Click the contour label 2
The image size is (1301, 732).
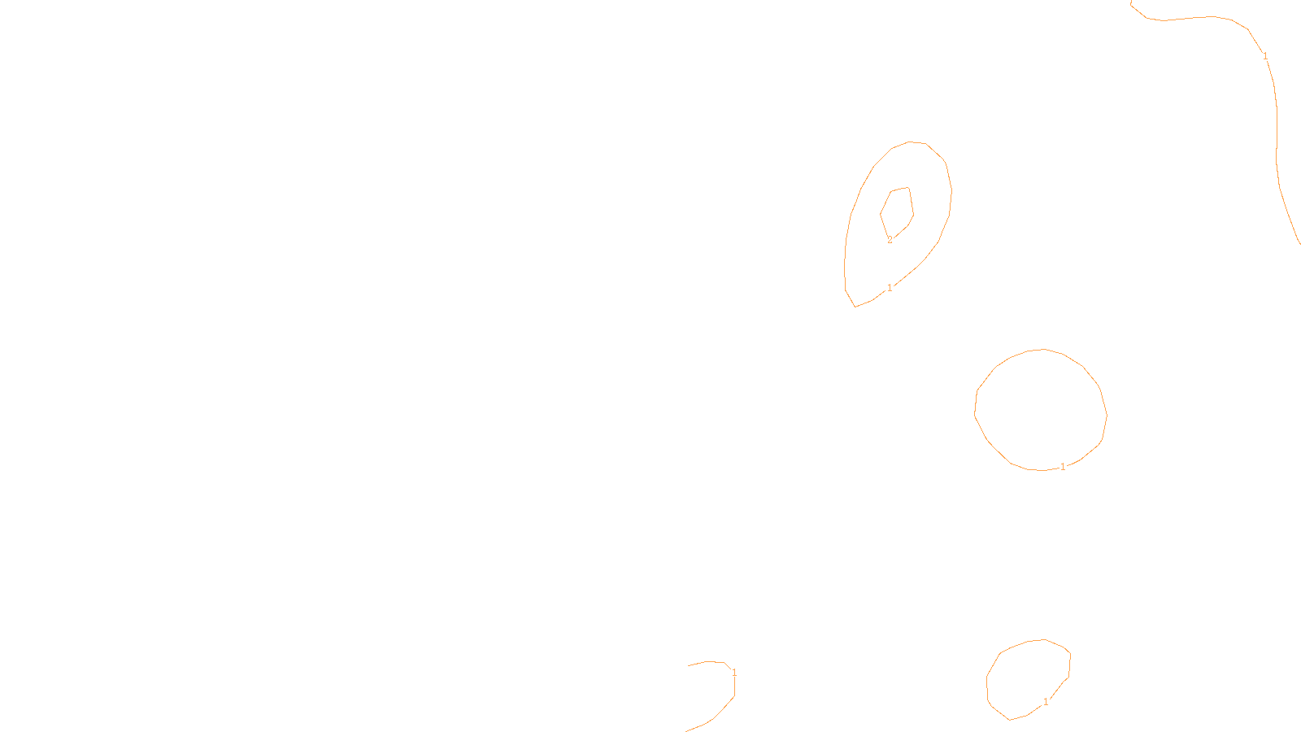890,240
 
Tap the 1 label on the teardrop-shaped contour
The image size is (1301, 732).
890,288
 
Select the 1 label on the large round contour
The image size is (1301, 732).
1063,467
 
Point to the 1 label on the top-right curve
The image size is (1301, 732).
1265,56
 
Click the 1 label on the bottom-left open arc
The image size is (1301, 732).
734,673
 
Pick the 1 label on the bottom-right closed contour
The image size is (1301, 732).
1046,702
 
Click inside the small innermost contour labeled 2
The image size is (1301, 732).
898,212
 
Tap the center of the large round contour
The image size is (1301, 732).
1041,410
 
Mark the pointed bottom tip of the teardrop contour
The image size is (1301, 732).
855,307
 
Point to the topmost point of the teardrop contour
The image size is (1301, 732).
910,142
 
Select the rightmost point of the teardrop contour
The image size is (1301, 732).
951,190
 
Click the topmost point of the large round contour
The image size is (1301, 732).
1043,349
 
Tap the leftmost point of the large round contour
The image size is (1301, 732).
975,415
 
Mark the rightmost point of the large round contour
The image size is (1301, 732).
1107,415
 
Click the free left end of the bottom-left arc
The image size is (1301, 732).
688,666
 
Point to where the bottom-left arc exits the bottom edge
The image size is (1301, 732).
685,731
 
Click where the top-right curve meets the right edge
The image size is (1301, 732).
1300,243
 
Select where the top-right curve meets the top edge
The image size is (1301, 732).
1131,1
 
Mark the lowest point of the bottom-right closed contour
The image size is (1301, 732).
1009,721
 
